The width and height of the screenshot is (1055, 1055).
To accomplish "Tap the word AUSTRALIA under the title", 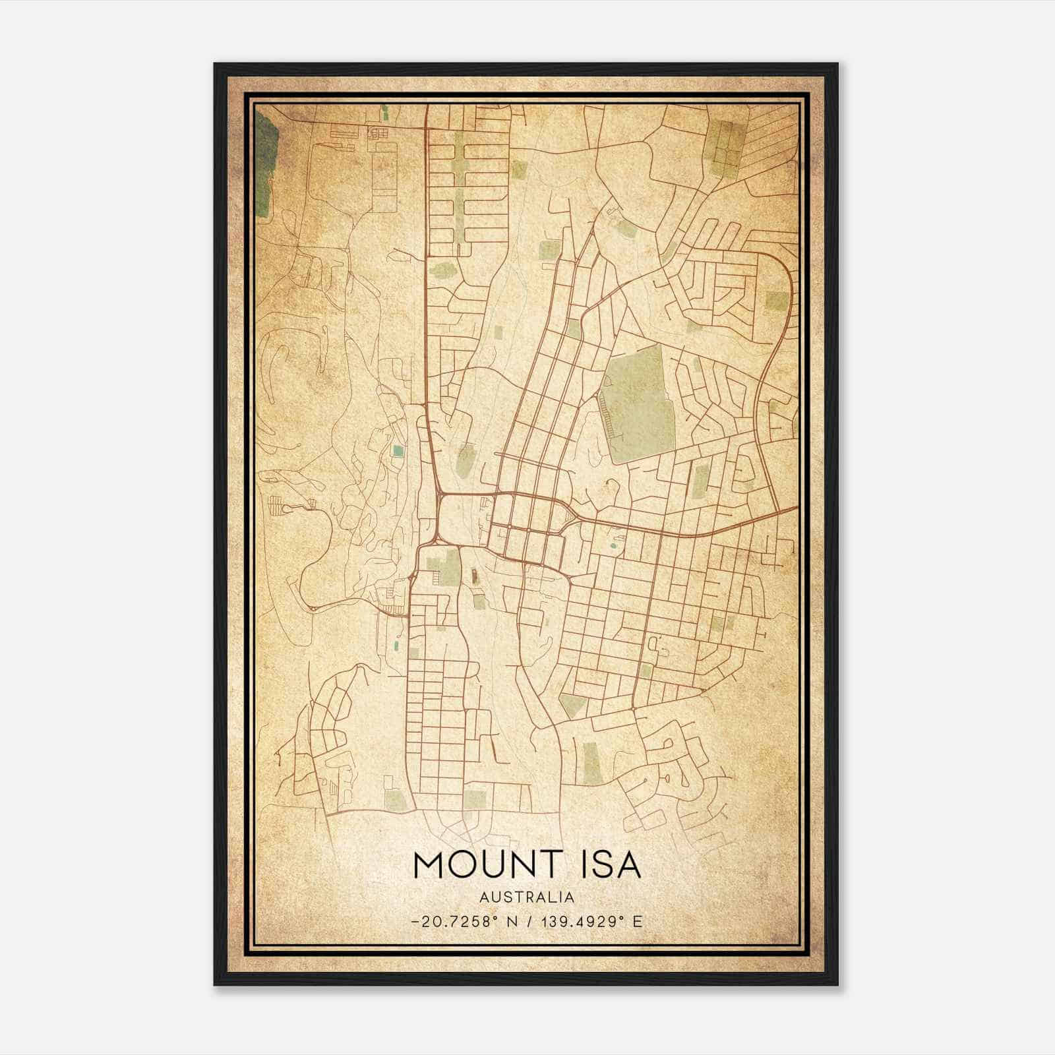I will point(527,897).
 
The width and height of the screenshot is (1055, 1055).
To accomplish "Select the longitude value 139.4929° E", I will point(589,922).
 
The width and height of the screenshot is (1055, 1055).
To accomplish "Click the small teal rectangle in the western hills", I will point(397,451).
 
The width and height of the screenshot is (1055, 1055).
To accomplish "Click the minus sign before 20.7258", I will point(414,922).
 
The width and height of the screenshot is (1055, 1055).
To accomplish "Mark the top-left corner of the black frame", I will point(215,64).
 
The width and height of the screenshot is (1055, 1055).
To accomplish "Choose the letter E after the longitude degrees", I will point(637,922).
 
